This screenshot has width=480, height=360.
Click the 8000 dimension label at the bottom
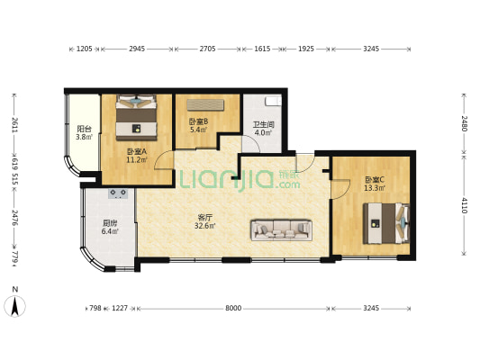coord(233,308)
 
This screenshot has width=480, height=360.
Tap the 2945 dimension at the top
coord(137,49)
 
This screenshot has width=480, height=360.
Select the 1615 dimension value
coord(262,49)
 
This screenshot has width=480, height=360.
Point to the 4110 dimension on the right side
coord(465,205)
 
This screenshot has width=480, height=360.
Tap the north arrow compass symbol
coord(15,306)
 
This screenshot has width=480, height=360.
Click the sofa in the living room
coord(281,229)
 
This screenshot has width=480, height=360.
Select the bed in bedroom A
coord(136,118)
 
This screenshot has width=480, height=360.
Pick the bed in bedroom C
coord(386,223)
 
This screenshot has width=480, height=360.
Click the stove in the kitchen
coord(118,193)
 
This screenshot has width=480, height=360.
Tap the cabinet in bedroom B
coord(205,105)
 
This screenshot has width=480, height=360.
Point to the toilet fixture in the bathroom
coord(274,100)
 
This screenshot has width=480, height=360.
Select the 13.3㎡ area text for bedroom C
coord(375,188)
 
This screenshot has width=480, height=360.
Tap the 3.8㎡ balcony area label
coord(84,137)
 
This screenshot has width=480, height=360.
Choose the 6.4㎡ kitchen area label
coord(110,231)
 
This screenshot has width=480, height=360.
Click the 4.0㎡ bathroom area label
coord(263,132)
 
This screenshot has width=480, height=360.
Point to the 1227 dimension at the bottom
coord(120,308)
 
